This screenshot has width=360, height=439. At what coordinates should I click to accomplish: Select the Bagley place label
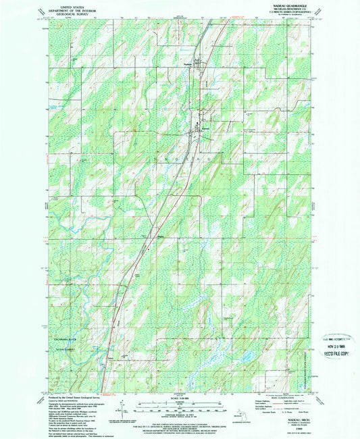tap(152, 236)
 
